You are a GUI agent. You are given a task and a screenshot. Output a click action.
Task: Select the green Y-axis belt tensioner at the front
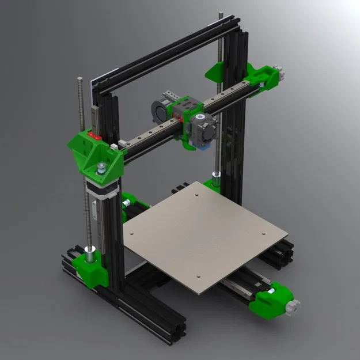click(x=271, y=297)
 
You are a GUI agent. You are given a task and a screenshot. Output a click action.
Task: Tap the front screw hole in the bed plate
click(x=194, y=277)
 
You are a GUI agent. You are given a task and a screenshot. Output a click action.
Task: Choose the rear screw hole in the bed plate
click(x=197, y=195)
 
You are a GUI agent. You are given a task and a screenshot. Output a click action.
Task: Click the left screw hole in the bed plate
click(x=131, y=234)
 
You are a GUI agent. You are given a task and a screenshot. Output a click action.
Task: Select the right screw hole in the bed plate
click(x=264, y=233)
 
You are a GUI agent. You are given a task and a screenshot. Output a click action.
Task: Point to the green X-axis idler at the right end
click(x=262, y=78)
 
